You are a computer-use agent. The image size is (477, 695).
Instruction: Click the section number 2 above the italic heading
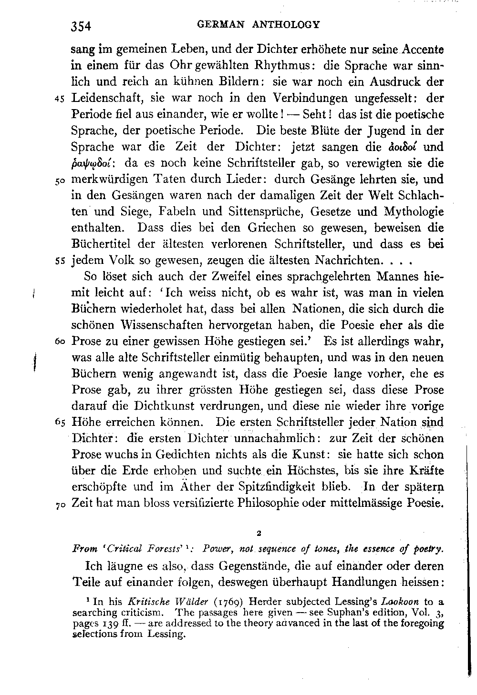click(x=258, y=533)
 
